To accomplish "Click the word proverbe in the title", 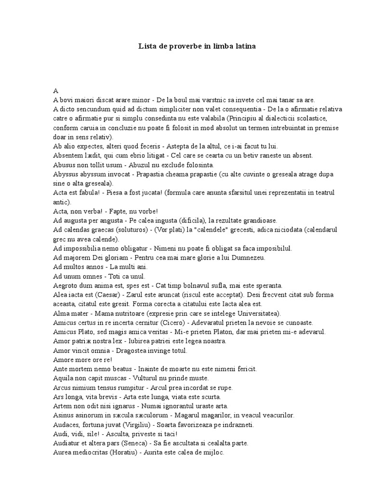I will pos(177,46).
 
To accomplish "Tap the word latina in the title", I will pos(244,46).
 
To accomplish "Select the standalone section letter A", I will pos(56,91).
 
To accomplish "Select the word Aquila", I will pos(63,378).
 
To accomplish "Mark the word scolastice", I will pos(324,118).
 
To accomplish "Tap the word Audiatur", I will pos(66,443).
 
